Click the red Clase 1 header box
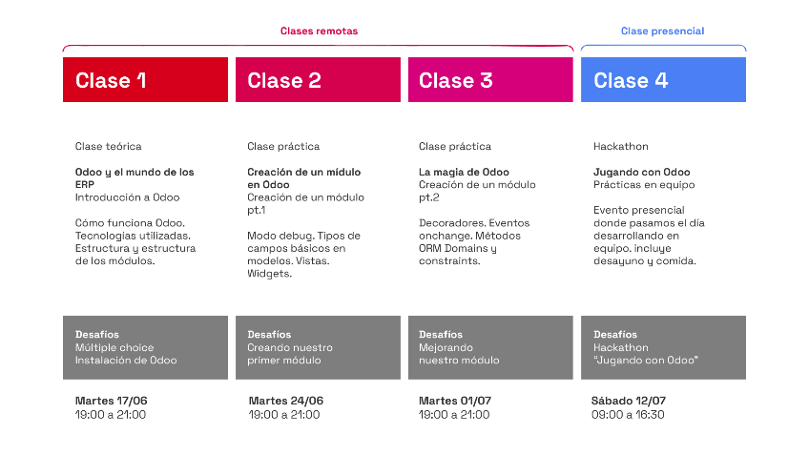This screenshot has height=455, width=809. pos(146,79)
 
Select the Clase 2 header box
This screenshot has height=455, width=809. pos(318,79)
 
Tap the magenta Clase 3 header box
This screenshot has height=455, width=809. pos(490,79)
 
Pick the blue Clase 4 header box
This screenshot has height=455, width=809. pos(663,79)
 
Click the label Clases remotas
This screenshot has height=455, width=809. pos(319,31)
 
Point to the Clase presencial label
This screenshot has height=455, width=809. pos(662,31)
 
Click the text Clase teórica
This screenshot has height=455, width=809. pos(109,147)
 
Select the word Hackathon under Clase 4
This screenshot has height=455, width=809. pos(621,147)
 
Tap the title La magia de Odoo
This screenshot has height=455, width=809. pos(464,173)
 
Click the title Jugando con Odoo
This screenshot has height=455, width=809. pos(641,173)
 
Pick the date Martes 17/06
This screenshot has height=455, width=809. pos(111,401)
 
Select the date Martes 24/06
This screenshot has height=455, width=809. pos(286,401)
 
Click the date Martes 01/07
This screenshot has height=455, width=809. pos(454,401)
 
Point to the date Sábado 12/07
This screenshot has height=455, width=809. pos(629,401)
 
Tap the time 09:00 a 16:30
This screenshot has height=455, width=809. pos(628,415)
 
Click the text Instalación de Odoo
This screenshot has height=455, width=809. pos(126,360)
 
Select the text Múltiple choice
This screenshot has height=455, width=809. pos(114,348)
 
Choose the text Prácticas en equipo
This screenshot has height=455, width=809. pos(644,185)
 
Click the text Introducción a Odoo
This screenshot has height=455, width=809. pos(127,197)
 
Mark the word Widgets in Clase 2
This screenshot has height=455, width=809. pos(269,274)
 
